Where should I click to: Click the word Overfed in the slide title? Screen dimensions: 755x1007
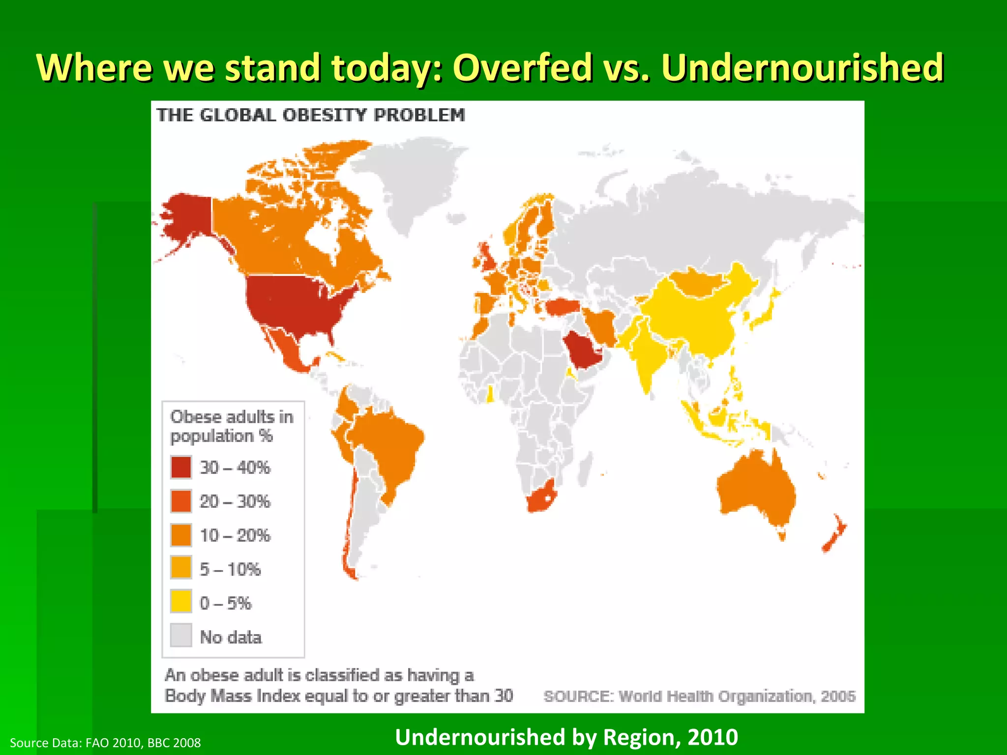click(x=522, y=67)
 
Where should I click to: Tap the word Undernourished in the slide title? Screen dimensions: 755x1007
click(x=802, y=67)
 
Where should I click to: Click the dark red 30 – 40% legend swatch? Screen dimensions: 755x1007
click(x=181, y=467)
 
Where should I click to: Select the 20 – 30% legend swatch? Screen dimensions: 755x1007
click(x=181, y=501)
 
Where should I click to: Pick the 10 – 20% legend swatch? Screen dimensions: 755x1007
click(x=181, y=535)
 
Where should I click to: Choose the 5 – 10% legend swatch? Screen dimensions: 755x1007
click(x=181, y=568)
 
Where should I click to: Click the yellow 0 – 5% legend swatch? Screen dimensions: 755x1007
click(x=181, y=602)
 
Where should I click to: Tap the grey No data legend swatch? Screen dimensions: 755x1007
click(x=181, y=636)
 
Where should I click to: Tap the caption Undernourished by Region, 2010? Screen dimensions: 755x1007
click(x=566, y=737)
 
